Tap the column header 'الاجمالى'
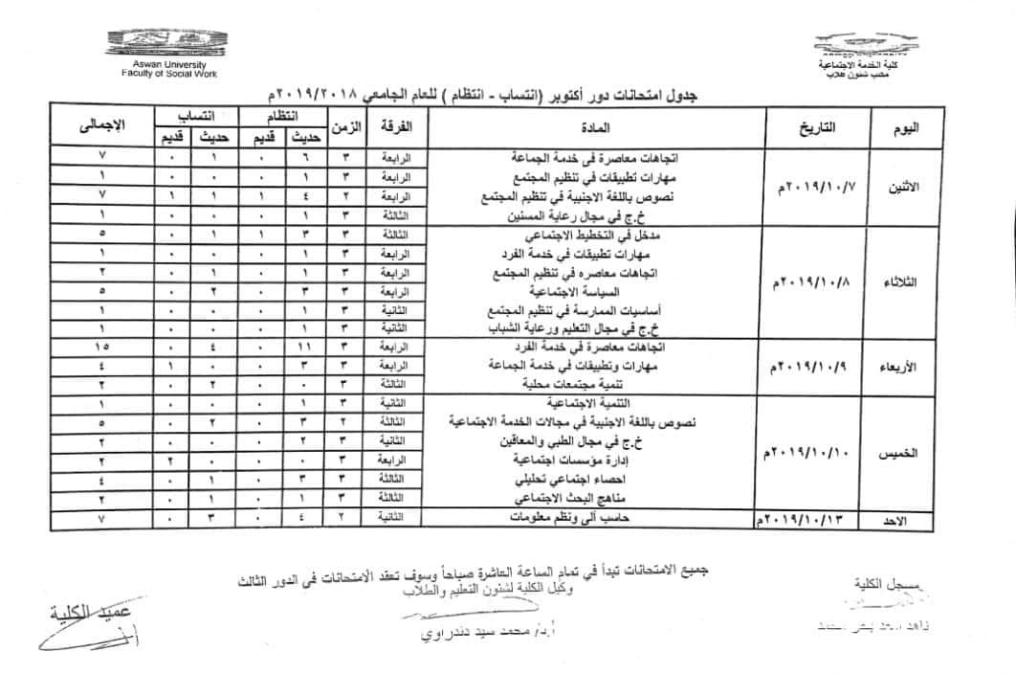point(100,126)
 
